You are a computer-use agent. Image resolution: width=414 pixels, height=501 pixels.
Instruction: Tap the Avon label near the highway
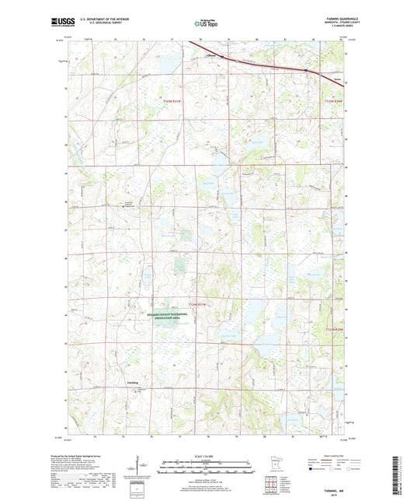(336, 77)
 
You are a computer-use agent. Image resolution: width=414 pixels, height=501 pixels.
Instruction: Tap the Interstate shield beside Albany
(223, 57)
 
